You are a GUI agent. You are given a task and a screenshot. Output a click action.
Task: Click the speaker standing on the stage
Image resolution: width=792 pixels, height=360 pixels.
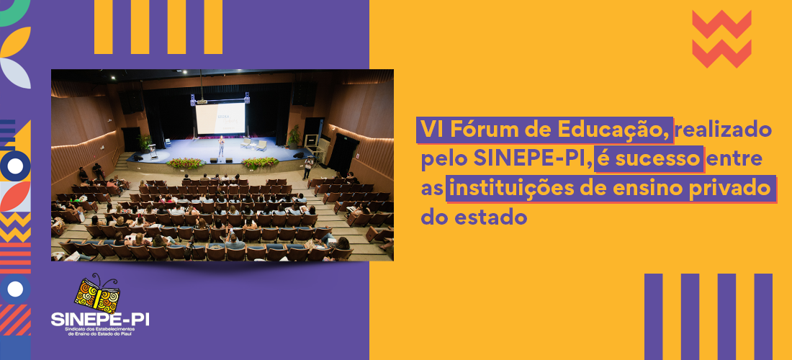tap(221, 146)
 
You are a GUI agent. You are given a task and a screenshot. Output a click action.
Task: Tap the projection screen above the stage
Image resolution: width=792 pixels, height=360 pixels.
tap(220, 118)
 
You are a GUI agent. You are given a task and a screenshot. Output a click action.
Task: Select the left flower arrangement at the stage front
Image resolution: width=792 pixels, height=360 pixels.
tap(186, 163)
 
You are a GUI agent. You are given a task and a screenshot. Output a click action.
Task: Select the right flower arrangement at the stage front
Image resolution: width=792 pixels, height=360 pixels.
tap(260, 163)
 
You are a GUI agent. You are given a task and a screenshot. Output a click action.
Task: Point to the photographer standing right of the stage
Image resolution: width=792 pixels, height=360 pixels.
tap(307, 168)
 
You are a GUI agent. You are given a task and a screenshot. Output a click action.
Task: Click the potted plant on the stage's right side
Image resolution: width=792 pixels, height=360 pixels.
tap(294, 135)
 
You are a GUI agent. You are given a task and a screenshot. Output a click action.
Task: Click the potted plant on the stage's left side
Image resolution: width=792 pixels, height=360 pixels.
tap(145, 142)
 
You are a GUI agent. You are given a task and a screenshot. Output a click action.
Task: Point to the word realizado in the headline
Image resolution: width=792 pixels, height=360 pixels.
tap(724, 130)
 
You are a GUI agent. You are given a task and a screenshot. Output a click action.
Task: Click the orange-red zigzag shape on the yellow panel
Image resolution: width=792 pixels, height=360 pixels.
tap(721, 39)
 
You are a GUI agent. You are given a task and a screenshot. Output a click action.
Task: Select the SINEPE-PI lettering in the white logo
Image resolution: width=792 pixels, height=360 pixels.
tap(100, 319)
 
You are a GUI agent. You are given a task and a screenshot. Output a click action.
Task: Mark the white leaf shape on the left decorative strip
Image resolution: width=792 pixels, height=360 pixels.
tap(15, 72)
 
